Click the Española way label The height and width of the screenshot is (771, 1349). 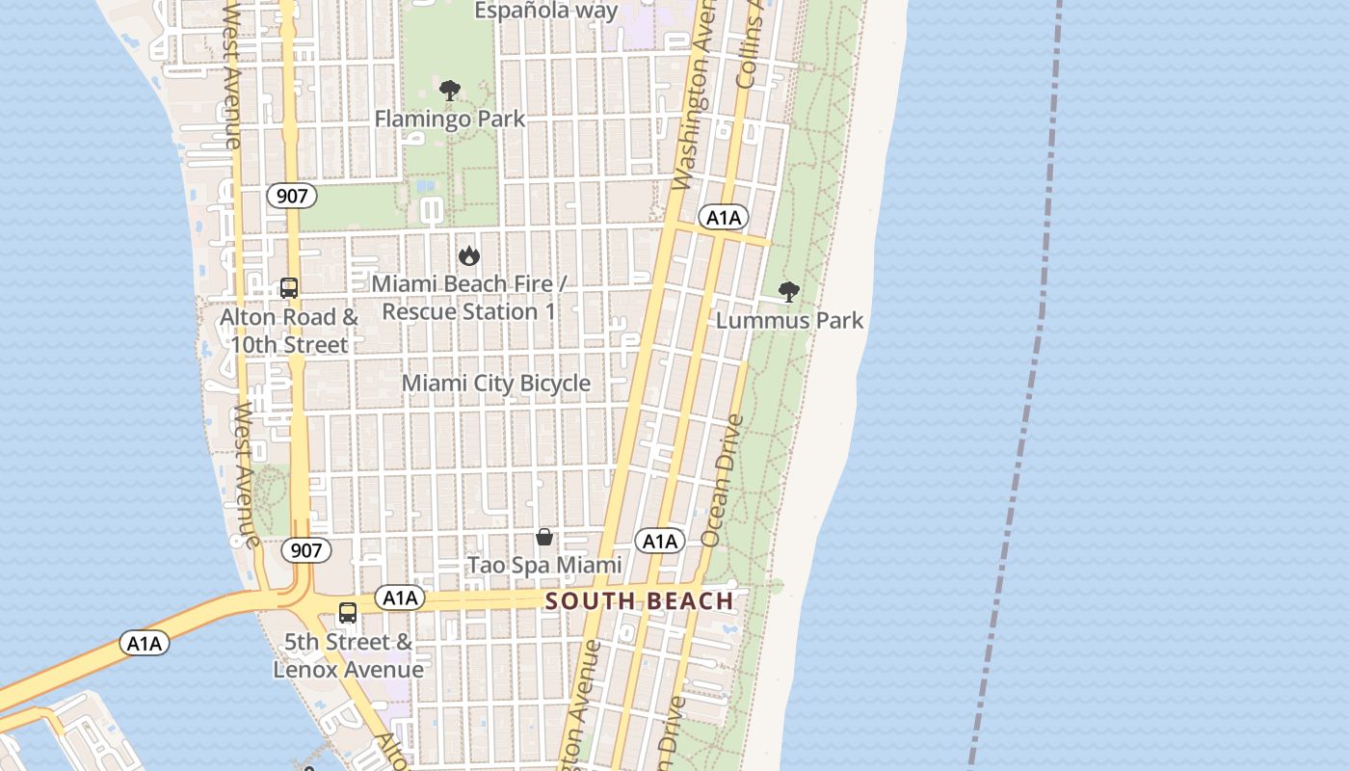click(x=546, y=11)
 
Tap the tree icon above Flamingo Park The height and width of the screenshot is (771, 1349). click(x=449, y=92)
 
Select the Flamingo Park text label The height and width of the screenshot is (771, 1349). click(x=450, y=119)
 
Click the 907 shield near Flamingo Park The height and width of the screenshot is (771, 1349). click(x=291, y=197)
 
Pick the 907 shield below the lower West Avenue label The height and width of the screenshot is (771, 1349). click(x=306, y=550)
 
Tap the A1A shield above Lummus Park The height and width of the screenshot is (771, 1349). click(x=724, y=218)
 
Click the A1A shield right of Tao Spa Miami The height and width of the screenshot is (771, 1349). click(x=660, y=542)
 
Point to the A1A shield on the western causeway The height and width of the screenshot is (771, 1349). click(x=145, y=643)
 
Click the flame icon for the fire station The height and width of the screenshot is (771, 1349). click(x=469, y=255)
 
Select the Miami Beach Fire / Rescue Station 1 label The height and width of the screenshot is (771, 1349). click(x=469, y=298)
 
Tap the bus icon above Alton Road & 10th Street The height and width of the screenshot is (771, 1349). click(x=289, y=287)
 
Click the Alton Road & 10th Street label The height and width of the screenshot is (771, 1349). click(x=289, y=331)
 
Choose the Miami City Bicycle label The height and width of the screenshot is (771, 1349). click(x=496, y=383)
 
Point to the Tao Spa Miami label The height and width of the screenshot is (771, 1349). click(x=544, y=565)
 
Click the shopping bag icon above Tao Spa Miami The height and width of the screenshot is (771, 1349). click(x=544, y=537)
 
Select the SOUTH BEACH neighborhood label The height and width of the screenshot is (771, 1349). click(x=640, y=601)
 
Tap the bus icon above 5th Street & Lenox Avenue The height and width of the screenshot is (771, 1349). click(x=348, y=613)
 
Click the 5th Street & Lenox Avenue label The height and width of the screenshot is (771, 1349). click(x=348, y=655)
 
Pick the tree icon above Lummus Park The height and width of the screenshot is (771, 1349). click(x=789, y=292)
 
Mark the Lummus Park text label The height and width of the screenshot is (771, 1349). click(x=790, y=320)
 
